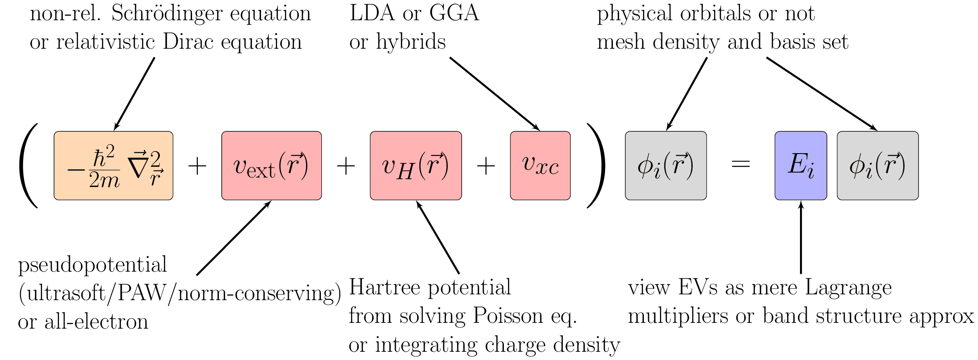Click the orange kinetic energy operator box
(x=114, y=166)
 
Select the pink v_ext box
(x=271, y=166)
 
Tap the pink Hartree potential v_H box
(x=415, y=166)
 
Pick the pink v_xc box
(x=540, y=166)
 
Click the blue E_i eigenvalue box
(x=800, y=166)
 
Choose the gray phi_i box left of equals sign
(x=666, y=166)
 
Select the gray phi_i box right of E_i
(x=878, y=166)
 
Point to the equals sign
(x=741, y=164)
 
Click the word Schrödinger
(x=167, y=14)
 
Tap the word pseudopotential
(x=93, y=265)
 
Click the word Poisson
(x=508, y=316)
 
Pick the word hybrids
(x=411, y=42)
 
